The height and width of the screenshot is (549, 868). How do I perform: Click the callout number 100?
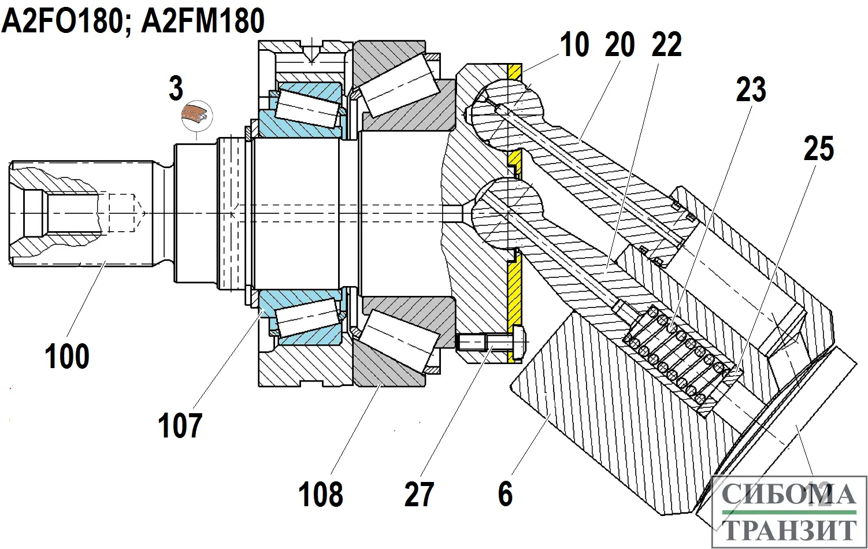67,356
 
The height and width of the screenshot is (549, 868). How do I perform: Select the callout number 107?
180,426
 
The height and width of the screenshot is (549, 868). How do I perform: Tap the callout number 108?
321,495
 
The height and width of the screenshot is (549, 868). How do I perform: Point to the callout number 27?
419,495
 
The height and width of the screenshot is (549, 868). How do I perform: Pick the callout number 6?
505,494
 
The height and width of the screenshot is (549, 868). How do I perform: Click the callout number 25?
819,149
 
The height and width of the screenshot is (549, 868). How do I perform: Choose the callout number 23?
751,90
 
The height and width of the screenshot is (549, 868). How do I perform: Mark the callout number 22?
667,45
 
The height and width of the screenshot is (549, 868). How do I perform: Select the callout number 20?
620,45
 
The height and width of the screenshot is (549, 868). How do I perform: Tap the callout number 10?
574,45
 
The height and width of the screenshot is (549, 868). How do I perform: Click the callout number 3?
176,88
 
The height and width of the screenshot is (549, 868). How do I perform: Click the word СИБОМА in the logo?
788,495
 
